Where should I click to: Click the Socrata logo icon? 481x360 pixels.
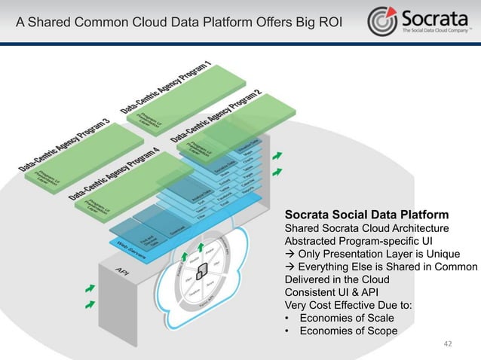[382, 20]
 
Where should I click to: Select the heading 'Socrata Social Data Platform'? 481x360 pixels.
[366, 213]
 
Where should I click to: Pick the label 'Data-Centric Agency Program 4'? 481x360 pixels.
[115, 174]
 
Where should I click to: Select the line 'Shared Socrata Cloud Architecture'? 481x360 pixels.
[366, 228]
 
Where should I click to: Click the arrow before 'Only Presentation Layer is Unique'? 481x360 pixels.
[288, 254]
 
